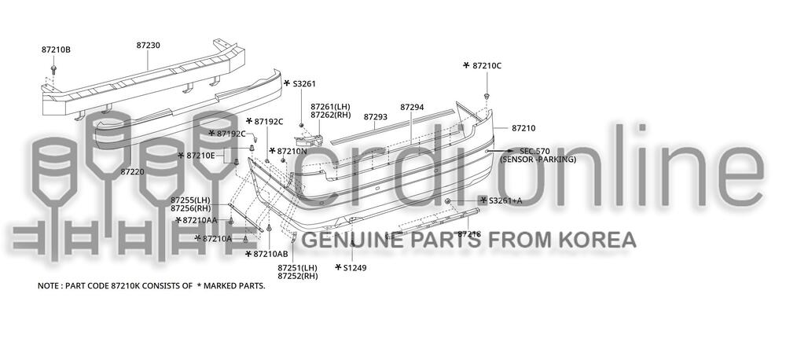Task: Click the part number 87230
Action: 148,46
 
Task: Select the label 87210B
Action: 56,50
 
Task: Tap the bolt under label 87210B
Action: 53,71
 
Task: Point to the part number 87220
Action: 132,171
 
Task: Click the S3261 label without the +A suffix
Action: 304,83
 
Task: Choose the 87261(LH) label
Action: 329,106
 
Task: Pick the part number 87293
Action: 376,116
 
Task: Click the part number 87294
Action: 412,106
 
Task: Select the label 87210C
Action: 487,65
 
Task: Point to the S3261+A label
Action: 505,200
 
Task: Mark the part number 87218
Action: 469,233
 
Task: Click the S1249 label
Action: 354,268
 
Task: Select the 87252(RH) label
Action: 297,277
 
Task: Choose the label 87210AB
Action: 271,254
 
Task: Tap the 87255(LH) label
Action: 190,200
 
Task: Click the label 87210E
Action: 200,156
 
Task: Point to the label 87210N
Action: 292,151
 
